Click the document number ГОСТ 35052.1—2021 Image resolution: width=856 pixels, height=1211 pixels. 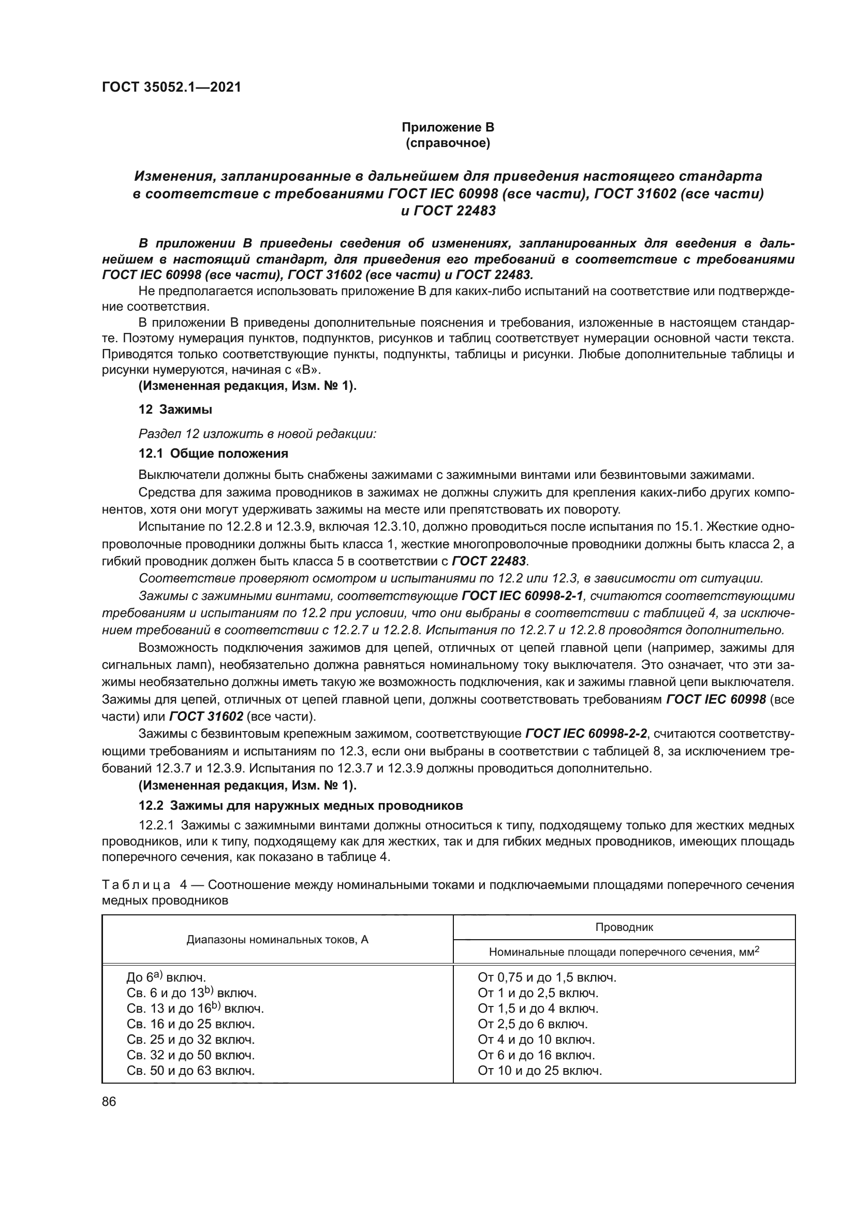pyautogui.click(x=171, y=87)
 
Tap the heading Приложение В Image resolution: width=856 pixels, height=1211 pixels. pyautogui.click(x=448, y=127)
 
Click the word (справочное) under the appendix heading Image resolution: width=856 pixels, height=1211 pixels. pyautogui.click(x=448, y=143)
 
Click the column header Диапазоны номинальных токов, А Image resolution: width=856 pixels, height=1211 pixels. pyautogui.click(x=277, y=939)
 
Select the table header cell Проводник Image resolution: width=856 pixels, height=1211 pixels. pyautogui.click(x=624, y=927)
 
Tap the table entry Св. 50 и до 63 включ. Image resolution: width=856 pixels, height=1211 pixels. pyautogui.click(x=191, y=1071)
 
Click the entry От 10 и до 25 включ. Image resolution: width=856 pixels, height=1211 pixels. pyautogui.click(x=539, y=1071)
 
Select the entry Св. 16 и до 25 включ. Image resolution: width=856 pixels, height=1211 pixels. pyautogui.click(x=191, y=1024)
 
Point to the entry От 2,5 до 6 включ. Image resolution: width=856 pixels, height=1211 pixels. pyautogui.click(x=533, y=1024)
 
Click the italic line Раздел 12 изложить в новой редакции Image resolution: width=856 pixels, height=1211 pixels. pyautogui.click(x=257, y=434)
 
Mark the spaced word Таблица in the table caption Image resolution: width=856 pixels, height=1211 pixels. pyautogui.click(x=136, y=884)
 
